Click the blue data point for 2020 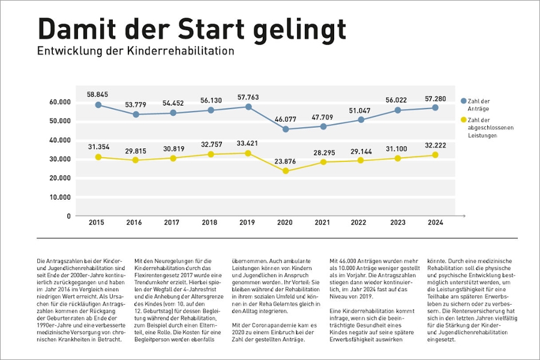[x=286, y=129]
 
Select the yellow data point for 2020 [x=286, y=171]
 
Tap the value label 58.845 [x=97, y=94]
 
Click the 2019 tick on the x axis [x=248, y=223]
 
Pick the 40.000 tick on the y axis [x=60, y=140]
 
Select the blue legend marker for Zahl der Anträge [x=463, y=101]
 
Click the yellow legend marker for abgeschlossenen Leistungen [x=463, y=121]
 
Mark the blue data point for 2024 [x=436, y=108]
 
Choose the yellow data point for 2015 [x=98, y=157]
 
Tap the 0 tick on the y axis [x=68, y=216]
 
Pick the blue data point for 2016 [x=136, y=114]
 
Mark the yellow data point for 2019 [x=248, y=153]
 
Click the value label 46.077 [x=286, y=119]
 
